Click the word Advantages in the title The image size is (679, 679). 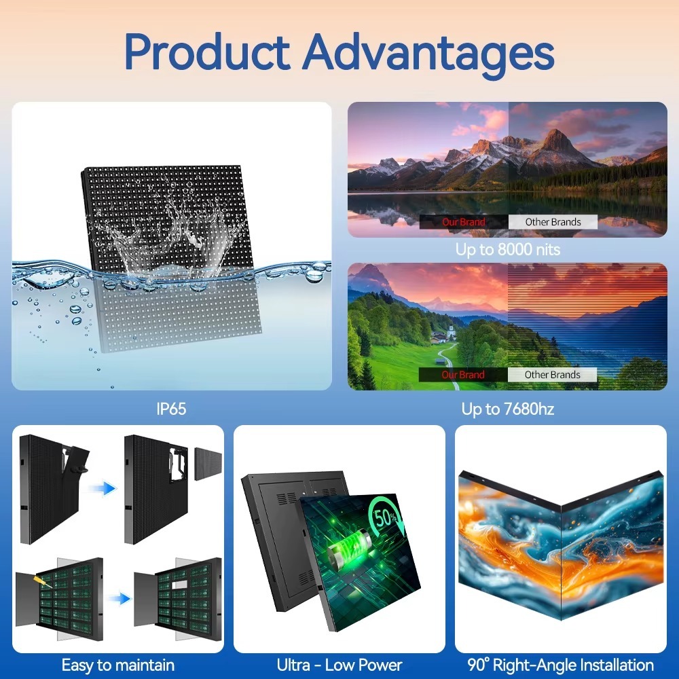pyautogui.click(x=428, y=52)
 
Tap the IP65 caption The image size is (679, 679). pyautogui.click(x=170, y=409)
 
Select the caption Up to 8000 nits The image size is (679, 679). pyautogui.click(x=508, y=249)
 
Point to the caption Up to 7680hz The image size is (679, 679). pyautogui.click(x=508, y=409)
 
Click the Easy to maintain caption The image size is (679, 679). pyautogui.click(x=118, y=665)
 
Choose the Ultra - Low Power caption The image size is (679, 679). pyautogui.click(x=339, y=665)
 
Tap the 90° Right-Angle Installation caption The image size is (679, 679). pyautogui.click(x=560, y=665)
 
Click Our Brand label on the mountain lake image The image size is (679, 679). pyautogui.click(x=464, y=222)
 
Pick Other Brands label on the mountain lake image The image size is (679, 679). pyautogui.click(x=553, y=222)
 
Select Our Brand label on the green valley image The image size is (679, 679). pyautogui.click(x=464, y=375)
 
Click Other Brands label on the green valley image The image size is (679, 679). pyautogui.click(x=553, y=375)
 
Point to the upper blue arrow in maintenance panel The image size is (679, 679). pyautogui.click(x=105, y=488)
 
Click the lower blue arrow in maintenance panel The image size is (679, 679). pyautogui.click(x=120, y=598)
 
